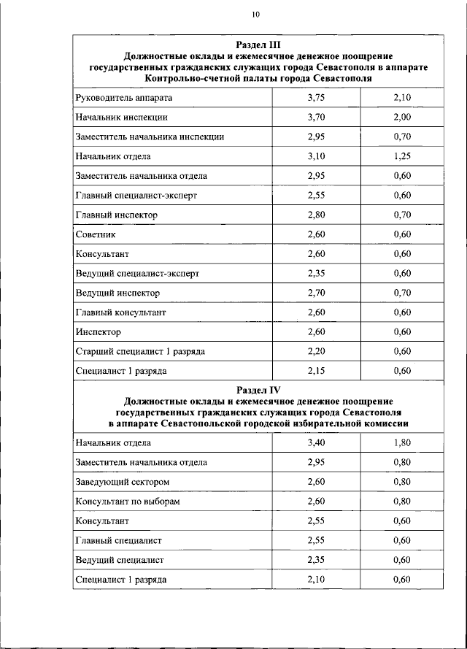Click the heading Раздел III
click(x=258, y=45)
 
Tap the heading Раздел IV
click(x=258, y=391)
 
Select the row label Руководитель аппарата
click(x=124, y=97)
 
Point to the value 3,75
click(x=315, y=97)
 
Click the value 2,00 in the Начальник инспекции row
click(x=401, y=117)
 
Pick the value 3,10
click(x=315, y=156)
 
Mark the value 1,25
click(x=401, y=156)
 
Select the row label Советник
click(x=96, y=234)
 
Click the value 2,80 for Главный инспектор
click(x=315, y=215)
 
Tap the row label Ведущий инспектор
click(x=117, y=293)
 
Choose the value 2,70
click(x=315, y=293)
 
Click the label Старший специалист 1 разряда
click(x=140, y=351)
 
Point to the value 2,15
click(x=315, y=371)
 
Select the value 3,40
click(x=315, y=442)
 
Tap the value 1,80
click(x=401, y=442)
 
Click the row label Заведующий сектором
click(x=123, y=482)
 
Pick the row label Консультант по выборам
click(x=128, y=502)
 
